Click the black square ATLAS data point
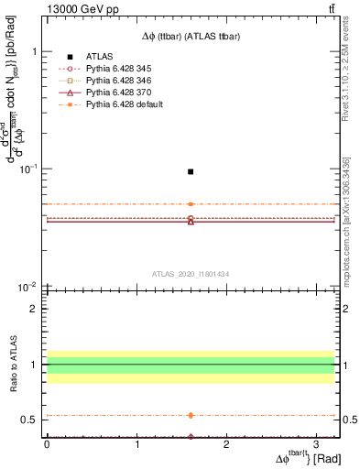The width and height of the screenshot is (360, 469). coord(191,171)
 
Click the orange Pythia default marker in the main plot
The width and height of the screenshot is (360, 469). coord(191,204)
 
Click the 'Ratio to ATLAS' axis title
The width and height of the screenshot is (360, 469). coord(12,365)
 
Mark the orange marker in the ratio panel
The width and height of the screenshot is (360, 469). coord(191,415)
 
